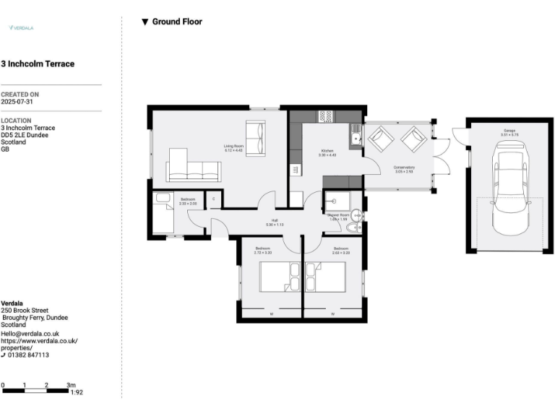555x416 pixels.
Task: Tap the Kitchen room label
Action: click(x=327, y=152)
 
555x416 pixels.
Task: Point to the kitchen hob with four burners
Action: click(x=325, y=115)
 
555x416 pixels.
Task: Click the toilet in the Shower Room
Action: click(x=353, y=228)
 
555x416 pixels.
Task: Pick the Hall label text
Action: click(x=275, y=222)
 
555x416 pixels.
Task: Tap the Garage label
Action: click(x=509, y=133)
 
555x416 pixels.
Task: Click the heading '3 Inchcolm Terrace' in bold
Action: click(x=38, y=64)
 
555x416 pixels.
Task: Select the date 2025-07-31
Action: click(x=17, y=102)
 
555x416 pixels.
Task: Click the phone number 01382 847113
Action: click(x=29, y=355)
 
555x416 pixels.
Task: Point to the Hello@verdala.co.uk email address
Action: click(x=30, y=333)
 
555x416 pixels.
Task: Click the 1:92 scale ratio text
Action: click(x=76, y=392)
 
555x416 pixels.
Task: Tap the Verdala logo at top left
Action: click(x=21, y=27)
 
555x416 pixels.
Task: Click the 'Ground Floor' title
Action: click(x=176, y=22)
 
